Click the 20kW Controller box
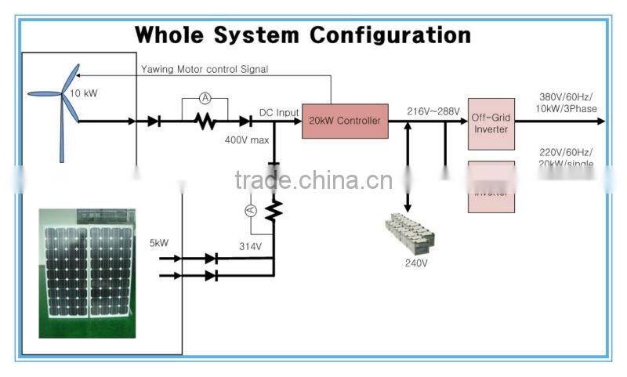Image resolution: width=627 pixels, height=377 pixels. tap(345, 121)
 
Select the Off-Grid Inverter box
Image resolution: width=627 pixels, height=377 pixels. tap(491, 124)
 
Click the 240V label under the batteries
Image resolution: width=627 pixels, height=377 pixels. tap(415, 263)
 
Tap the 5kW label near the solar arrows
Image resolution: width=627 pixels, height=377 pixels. tap(159, 244)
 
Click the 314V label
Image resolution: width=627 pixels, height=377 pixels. tap(250, 246)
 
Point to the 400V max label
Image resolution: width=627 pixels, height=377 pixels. tap(247, 140)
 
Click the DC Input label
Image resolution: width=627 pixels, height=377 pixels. tap(279, 113)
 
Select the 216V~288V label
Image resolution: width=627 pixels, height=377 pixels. tap(433, 112)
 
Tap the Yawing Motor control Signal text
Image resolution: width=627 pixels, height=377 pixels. tap(205, 69)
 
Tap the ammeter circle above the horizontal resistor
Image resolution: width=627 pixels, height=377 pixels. tap(205, 98)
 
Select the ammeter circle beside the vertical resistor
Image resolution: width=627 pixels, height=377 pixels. tap(252, 211)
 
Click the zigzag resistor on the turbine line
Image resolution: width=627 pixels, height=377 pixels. tap(205, 121)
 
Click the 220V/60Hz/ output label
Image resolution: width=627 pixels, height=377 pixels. tap(565, 151)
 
